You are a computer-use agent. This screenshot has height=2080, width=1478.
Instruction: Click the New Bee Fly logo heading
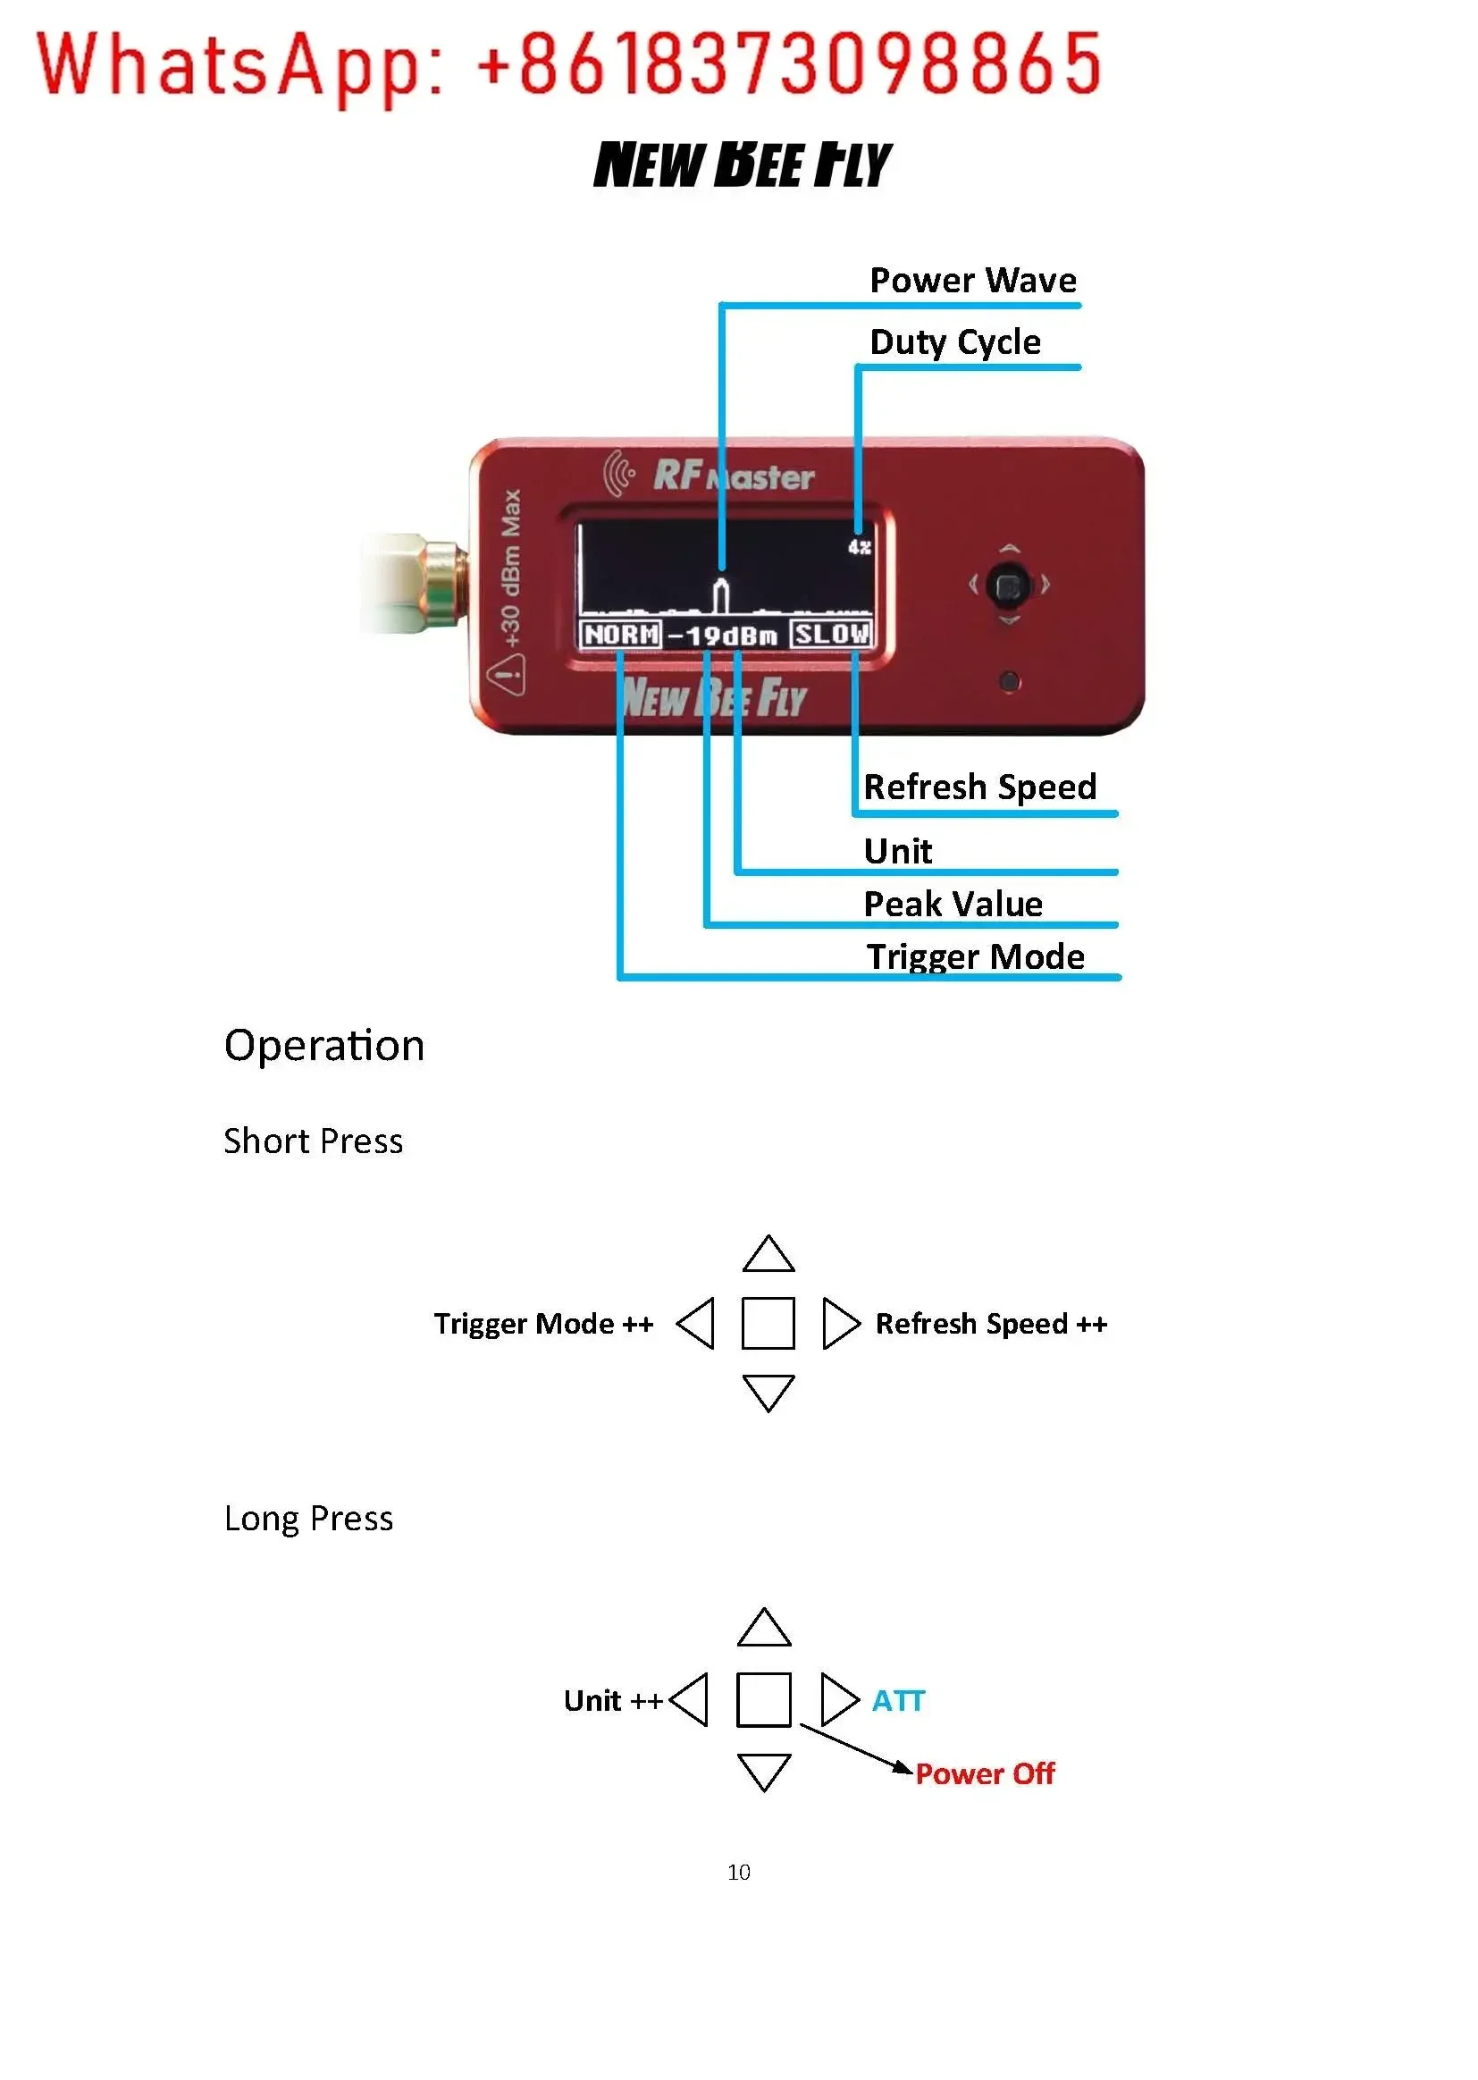(x=742, y=164)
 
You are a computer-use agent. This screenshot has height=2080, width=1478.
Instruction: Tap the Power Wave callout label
(x=973, y=281)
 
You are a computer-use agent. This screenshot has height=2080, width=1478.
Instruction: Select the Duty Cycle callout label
(x=954, y=343)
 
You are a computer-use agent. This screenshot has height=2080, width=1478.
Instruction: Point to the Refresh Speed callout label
(x=980, y=787)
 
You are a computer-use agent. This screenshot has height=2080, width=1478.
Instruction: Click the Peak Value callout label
(x=953, y=904)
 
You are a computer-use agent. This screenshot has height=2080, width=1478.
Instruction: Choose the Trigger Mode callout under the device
(x=975, y=957)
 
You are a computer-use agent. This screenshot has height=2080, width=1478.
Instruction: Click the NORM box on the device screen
(x=621, y=634)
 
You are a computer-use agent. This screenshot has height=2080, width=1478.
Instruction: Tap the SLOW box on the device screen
(x=831, y=634)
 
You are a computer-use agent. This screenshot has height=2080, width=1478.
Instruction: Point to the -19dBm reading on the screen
(x=724, y=636)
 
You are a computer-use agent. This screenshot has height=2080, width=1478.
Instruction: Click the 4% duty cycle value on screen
(x=859, y=547)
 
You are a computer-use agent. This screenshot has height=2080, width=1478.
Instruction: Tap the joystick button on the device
(x=1008, y=586)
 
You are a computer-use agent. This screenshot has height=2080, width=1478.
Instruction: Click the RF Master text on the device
(x=734, y=476)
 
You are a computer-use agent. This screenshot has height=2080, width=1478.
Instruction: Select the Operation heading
(x=324, y=1045)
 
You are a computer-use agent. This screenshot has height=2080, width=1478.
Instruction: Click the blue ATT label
(x=898, y=1700)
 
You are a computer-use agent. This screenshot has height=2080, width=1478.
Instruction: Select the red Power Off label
(x=985, y=1773)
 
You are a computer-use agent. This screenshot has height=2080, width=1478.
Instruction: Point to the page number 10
(x=739, y=1872)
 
